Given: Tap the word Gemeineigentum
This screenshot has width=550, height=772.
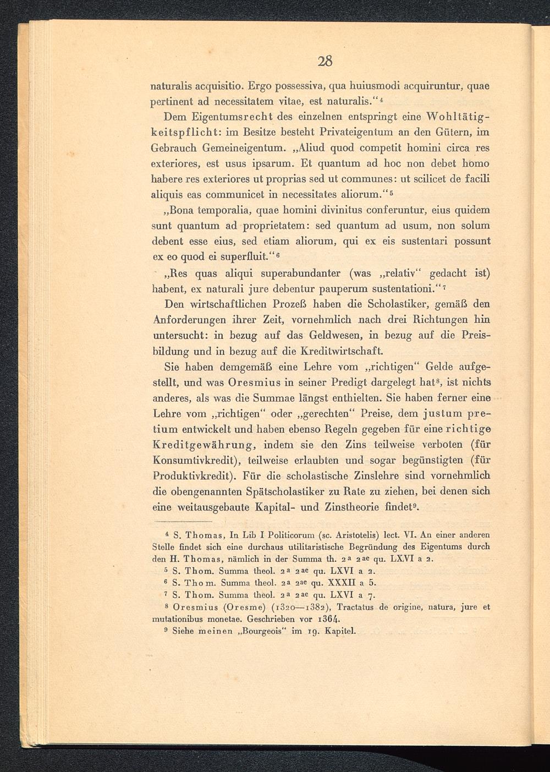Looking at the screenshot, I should coord(243,148).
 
